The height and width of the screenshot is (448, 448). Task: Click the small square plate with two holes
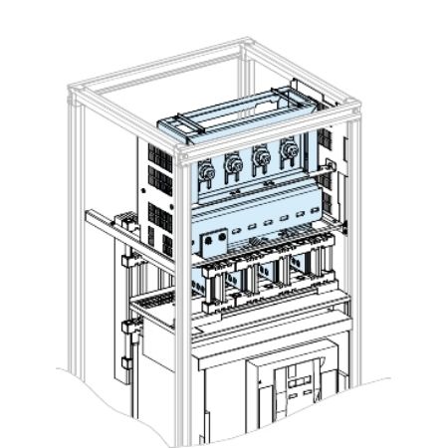(211, 244)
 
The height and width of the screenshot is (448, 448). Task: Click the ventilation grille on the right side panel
(326, 149)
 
